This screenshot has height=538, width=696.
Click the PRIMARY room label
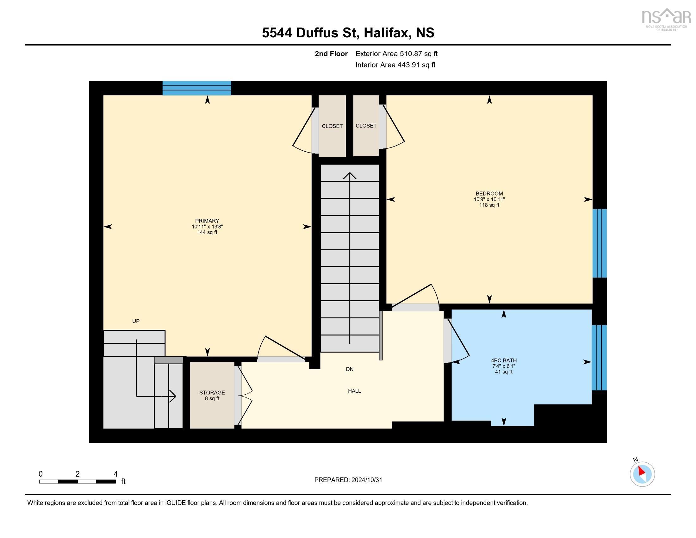207,221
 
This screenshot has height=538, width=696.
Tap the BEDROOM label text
489,193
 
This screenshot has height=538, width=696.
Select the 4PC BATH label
504,360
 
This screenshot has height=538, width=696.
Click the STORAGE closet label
212,393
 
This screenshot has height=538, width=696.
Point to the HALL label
354,391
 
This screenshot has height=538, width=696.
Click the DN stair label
350,369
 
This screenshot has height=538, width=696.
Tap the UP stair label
136,321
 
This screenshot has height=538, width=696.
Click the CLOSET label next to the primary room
332,126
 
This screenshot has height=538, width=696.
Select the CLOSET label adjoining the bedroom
366,126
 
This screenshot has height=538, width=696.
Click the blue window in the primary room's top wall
197,88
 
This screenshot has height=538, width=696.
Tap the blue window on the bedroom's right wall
600,243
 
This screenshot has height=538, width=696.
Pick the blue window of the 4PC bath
599,358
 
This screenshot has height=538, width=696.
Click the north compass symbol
642,474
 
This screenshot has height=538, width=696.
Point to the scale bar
78,481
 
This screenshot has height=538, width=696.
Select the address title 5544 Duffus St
348,33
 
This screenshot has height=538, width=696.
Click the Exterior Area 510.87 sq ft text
396,53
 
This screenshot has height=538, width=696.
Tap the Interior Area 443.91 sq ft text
395,65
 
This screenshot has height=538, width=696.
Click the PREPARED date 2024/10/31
348,480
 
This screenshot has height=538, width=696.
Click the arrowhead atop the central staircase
350,175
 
